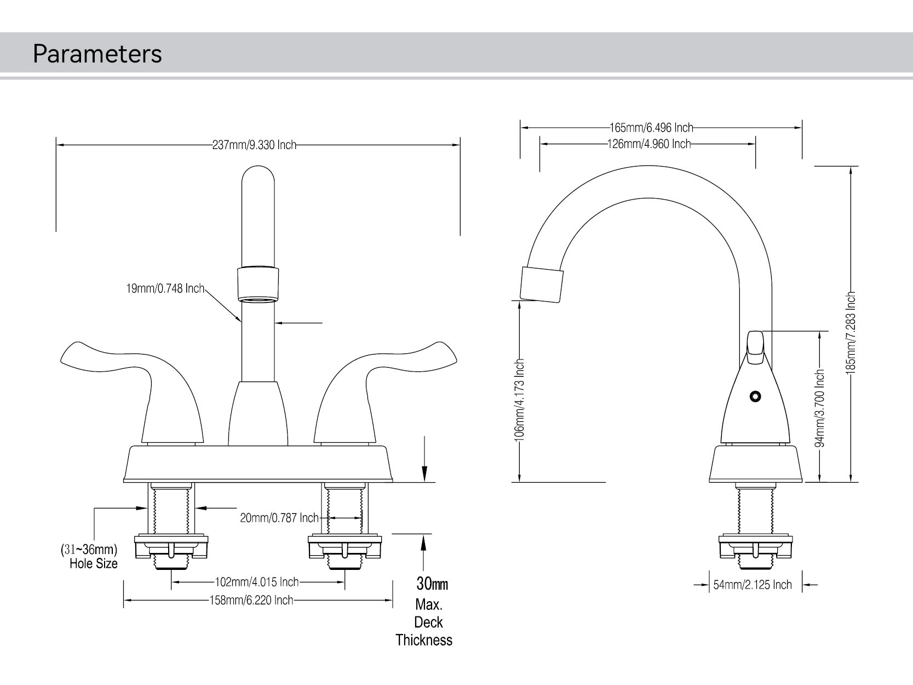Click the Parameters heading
(x=97, y=54)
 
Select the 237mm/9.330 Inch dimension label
(x=254, y=145)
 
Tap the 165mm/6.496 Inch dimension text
(x=651, y=128)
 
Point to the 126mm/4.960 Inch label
(x=649, y=144)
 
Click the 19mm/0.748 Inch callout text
(x=165, y=288)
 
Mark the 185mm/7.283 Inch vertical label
(x=850, y=333)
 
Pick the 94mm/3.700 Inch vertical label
(x=820, y=408)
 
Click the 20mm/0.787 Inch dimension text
(x=279, y=518)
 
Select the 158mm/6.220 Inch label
(x=251, y=600)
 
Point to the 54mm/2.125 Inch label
(x=753, y=585)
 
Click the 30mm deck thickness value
(x=432, y=584)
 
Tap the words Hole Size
(x=94, y=563)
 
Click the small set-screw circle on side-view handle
(x=756, y=396)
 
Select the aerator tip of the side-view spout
(x=541, y=284)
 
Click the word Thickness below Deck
(x=424, y=640)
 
